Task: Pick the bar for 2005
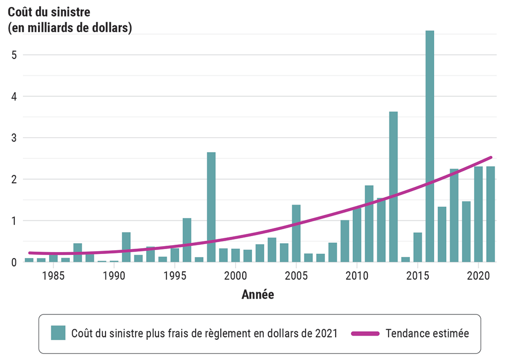[296, 233]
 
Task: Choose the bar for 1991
[126, 247]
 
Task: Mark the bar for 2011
[369, 224]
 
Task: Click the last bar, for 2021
[491, 214]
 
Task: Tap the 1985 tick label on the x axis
[53, 275]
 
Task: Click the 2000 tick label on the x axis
[236, 275]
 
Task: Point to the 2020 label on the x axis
[479, 275]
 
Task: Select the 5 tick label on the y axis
[14, 55]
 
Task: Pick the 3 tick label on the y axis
[14, 138]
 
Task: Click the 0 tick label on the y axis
[14, 262]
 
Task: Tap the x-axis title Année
[257, 295]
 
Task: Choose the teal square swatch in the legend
[58, 333]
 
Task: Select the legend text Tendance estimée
[427, 333]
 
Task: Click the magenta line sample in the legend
[365, 333]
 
